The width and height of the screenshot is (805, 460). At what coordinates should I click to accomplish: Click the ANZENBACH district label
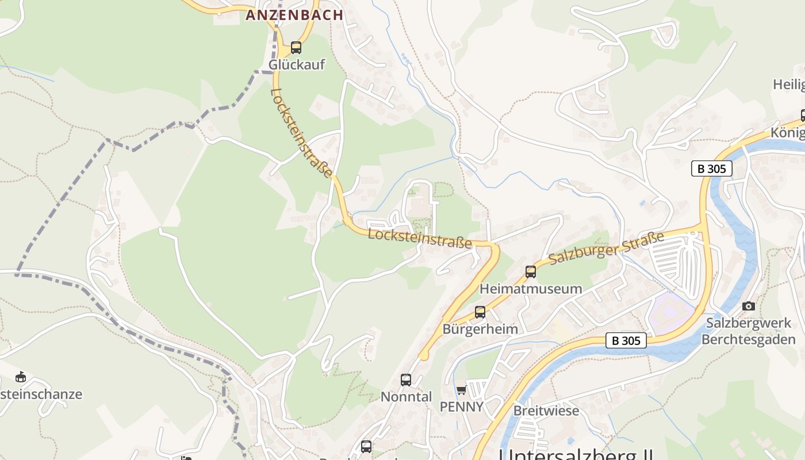pyautogui.click(x=294, y=15)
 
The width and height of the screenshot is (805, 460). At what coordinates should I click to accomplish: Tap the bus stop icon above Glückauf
pyautogui.click(x=296, y=48)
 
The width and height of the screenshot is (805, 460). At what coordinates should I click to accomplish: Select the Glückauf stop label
pyautogui.click(x=296, y=64)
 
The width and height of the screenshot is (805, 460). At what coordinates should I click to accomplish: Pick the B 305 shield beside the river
pyautogui.click(x=626, y=340)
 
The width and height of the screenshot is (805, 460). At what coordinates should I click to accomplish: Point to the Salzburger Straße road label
pyautogui.click(x=607, y=248)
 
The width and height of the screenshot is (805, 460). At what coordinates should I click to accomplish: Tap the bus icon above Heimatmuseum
pyautogui.click(x=531, y=272)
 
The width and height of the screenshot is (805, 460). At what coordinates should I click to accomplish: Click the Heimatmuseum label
pyautogui.click(x=531, y=289)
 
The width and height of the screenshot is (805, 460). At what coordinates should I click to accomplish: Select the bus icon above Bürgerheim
pyautogui.click(x=480, y=312)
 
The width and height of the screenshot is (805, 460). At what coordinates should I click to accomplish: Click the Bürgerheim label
pyautogui.click(x=480, y=329)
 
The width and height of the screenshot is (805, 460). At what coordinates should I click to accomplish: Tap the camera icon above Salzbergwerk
pyautogui.click(x=748, y=306)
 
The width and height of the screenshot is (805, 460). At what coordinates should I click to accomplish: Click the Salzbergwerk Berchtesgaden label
pyautogui.click(x=748, y=331)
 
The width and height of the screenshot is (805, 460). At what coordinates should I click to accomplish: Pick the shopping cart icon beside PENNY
pyautogui.click(x=461, y=390)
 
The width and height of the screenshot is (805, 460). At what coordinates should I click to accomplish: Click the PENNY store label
pyautogui.click(x=461, y=407)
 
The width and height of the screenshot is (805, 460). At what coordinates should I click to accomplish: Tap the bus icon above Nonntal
pyautogui.click(x=406, y=379)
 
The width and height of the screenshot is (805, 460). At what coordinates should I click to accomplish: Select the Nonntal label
pyautogui.click(x=406, y=397)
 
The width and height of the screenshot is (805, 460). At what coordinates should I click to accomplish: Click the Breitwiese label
pyautogui.click(x=546, y=411)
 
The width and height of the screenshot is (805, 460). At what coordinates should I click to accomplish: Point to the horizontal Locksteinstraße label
pyautogui.click(x=420, y=238)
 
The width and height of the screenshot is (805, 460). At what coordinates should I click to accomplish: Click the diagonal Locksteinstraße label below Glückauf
pyautogui.click(x=301, y=133)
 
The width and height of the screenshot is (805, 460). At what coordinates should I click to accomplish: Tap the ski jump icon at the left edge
pyautogui.click(x=21, y=377)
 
